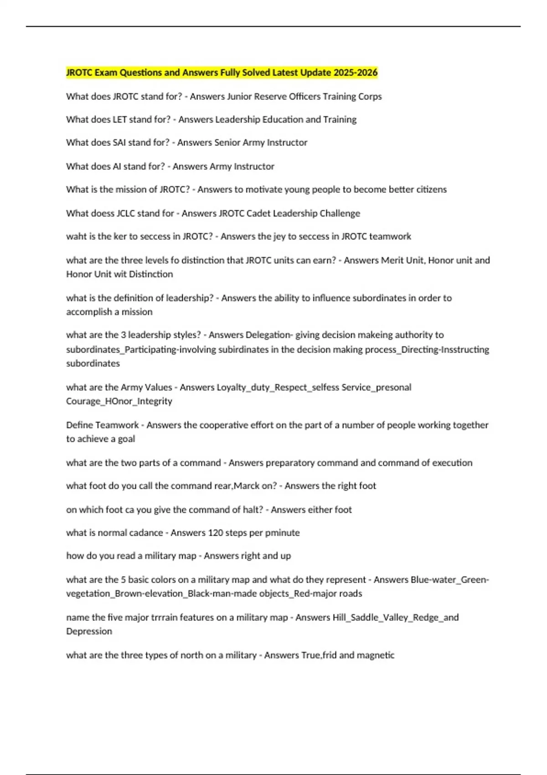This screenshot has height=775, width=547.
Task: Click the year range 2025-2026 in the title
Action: coord(355,72)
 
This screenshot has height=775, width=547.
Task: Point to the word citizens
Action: coord(431,190)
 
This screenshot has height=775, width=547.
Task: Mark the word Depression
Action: coord(89,631)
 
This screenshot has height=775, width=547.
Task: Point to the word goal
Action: coord(126,439)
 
